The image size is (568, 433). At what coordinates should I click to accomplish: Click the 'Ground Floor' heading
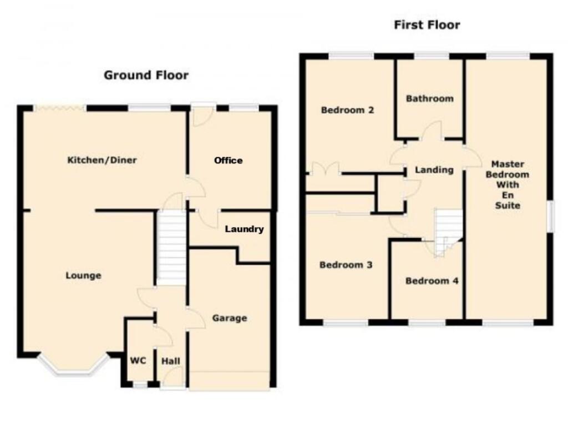tap(146, 75)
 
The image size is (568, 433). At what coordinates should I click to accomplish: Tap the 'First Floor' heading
tap(427, 25)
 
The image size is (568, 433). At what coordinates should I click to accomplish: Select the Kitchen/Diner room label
tap(102, 160)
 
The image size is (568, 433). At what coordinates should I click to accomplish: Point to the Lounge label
tap(83, 275)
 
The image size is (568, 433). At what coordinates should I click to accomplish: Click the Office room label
tap(229, 160)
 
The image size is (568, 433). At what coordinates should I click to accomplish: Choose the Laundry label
tap(244, 229)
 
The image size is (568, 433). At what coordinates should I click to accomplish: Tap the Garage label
tap(229, 318)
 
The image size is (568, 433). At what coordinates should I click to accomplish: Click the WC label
tap(138, 361)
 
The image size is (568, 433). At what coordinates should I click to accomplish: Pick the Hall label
tap(170, 361)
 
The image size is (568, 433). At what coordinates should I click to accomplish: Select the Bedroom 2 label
tap(348, 110)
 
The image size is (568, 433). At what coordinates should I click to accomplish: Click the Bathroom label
tap(429, 99)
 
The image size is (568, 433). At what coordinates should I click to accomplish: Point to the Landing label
tap(434, 170)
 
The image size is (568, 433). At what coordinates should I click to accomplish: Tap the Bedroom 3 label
tap(346, 265)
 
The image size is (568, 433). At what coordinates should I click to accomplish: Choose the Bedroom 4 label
tap(432, 281)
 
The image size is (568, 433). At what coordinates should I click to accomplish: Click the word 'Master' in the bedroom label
tap(508, 164)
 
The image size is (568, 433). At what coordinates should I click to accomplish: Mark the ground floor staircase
tap(171, 247)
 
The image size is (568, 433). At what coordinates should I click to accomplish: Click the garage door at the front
tap(230, 381)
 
